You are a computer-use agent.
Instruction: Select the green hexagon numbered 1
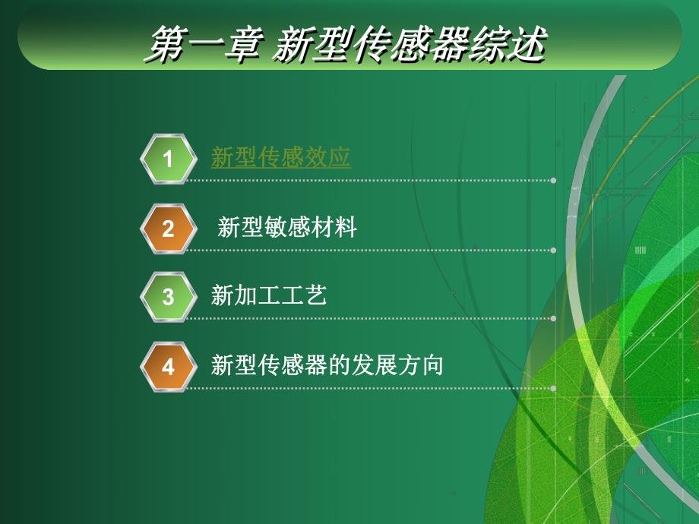click(x=168, y=159)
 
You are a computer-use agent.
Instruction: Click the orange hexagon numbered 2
click(x=168, y=229)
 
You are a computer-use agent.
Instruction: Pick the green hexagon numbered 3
click(x=168, y=297)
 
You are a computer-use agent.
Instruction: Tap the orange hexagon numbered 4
click(x=168, y=367)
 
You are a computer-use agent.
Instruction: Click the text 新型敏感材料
click(x=286, y=228)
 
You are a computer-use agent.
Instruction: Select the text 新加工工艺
click(x=269, y=296)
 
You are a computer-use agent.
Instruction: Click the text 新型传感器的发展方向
click(x=327, y=366)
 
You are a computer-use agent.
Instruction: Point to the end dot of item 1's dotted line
click(x=554, y=181)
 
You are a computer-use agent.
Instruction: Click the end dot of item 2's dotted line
click(x=554, y=250)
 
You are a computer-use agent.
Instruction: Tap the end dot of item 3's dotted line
click(x=554, y=319)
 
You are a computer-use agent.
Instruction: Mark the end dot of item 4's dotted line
click(x=554, y=388)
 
